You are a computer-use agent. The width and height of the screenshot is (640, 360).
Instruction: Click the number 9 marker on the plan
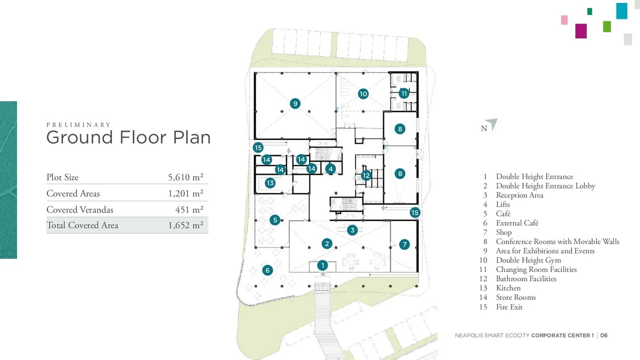[x=295, y=103]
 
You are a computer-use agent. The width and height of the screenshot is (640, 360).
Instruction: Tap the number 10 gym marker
[x=363, y=93]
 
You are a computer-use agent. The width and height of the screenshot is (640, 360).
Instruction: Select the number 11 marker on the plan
[x=404, y=93]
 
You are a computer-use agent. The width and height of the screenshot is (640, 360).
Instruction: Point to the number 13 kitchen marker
[x=270, y=183]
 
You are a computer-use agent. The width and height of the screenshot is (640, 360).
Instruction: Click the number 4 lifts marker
[x=330, y=169]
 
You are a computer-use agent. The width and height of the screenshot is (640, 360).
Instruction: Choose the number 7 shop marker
[x=404, y=244]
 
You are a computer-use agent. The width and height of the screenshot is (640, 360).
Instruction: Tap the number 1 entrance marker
[x=322, y=265]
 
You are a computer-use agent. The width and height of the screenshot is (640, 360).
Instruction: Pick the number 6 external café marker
[x=267, y=270]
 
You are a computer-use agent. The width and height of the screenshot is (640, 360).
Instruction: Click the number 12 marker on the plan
[x=366, y=175]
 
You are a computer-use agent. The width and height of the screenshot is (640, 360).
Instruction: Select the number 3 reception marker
[x=352, y=230]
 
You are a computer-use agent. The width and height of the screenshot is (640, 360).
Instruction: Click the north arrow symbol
[x=492, y=123]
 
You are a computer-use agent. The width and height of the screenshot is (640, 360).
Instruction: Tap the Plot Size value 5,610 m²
[x=185, y=177]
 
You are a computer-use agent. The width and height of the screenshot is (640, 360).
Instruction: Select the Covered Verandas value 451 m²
[x=189, y=209]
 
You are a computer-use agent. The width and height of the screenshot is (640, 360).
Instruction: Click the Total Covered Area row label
[x=82, y=225]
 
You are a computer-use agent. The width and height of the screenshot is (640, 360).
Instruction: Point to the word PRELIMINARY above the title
[x=78, y=125]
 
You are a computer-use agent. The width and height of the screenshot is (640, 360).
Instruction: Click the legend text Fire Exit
[x=509, y=307]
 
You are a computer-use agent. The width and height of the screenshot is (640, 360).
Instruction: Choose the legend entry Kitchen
[x=508, y=288]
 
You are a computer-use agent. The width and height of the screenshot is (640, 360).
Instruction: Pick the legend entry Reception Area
[x=519, y=195]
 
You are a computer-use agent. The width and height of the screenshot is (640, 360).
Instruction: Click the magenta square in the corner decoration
[x=581, y=31]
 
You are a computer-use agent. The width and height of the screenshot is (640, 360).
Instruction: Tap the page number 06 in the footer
[x=604, y=335]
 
